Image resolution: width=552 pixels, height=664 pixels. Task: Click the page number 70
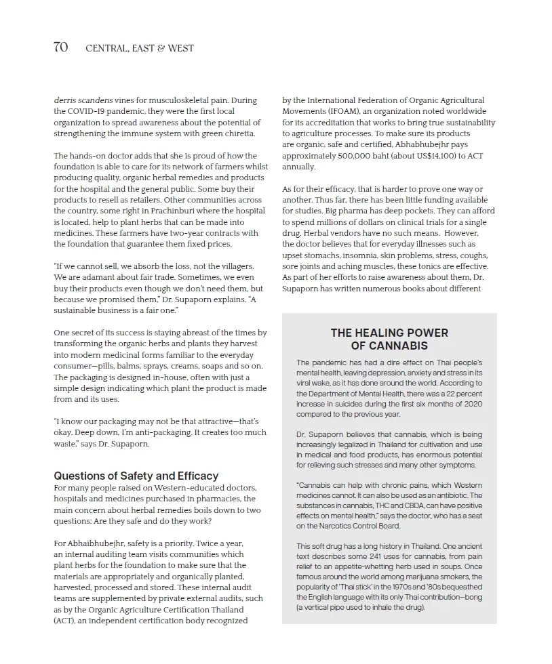[x=60, y=47]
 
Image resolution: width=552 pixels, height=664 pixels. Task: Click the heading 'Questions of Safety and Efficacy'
[x=136, y=476]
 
